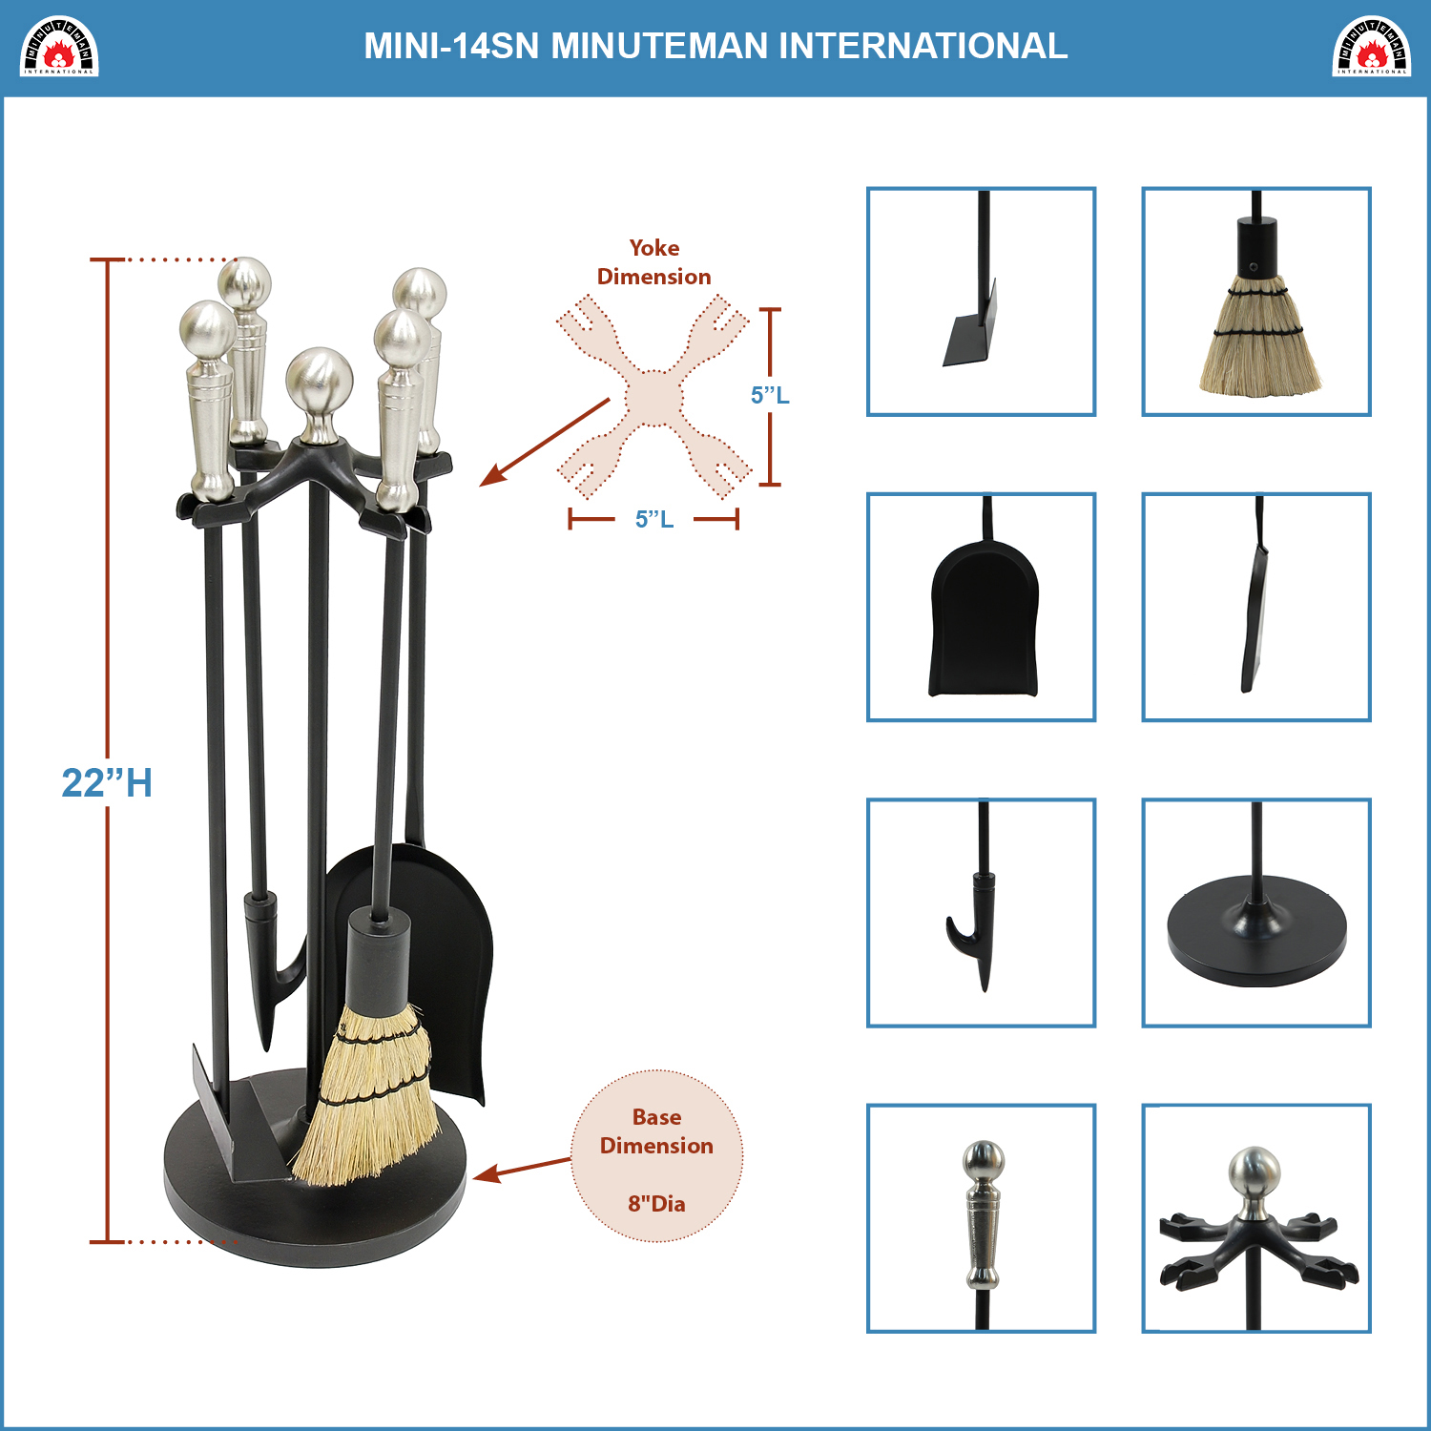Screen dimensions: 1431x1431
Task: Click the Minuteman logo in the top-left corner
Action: click(59, 46)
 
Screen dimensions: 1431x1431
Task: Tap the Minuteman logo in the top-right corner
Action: click(1371, 46)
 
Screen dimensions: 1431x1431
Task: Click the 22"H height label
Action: click(107, 783)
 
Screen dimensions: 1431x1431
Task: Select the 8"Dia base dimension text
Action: click(656, 1204)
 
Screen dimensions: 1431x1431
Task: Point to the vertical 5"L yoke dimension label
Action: click(770, 395)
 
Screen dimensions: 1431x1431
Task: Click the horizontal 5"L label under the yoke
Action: click(654, 519)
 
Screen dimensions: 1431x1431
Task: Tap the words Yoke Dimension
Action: click(654, 262)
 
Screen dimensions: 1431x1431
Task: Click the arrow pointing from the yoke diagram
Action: click(545, 443)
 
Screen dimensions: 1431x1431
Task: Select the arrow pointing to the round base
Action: click(522, 1170)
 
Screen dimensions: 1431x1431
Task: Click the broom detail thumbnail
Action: click(1256, 301)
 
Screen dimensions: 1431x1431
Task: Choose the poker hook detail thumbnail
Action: click(981, 913)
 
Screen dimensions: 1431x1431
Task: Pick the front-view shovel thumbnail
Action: click(981, 607)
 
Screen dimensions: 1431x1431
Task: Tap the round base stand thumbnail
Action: click(1256, 913)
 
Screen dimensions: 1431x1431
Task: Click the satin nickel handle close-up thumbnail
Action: click(981, 1218)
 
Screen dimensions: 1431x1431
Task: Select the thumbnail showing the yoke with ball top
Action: click(1256, 1218)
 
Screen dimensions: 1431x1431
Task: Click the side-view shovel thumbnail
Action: click(1256, 607)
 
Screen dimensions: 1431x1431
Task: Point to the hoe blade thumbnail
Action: click(981, 301)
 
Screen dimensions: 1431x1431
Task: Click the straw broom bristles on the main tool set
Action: click(367, 1097)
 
